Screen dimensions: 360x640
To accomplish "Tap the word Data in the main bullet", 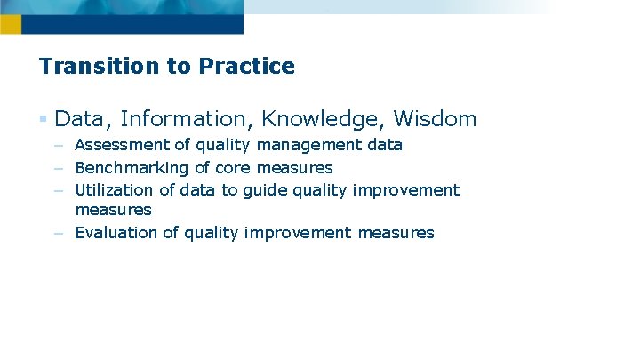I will coord(79,119).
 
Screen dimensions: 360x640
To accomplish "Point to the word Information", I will coord(184,119).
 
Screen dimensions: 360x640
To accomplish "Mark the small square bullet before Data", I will coord(44,119).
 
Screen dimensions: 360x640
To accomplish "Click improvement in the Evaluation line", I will coord(299,233).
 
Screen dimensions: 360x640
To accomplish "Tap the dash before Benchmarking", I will coord(58,168).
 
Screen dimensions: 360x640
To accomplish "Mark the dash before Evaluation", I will coord(58,233).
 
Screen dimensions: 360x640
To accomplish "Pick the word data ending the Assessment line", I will coord(384,145).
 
